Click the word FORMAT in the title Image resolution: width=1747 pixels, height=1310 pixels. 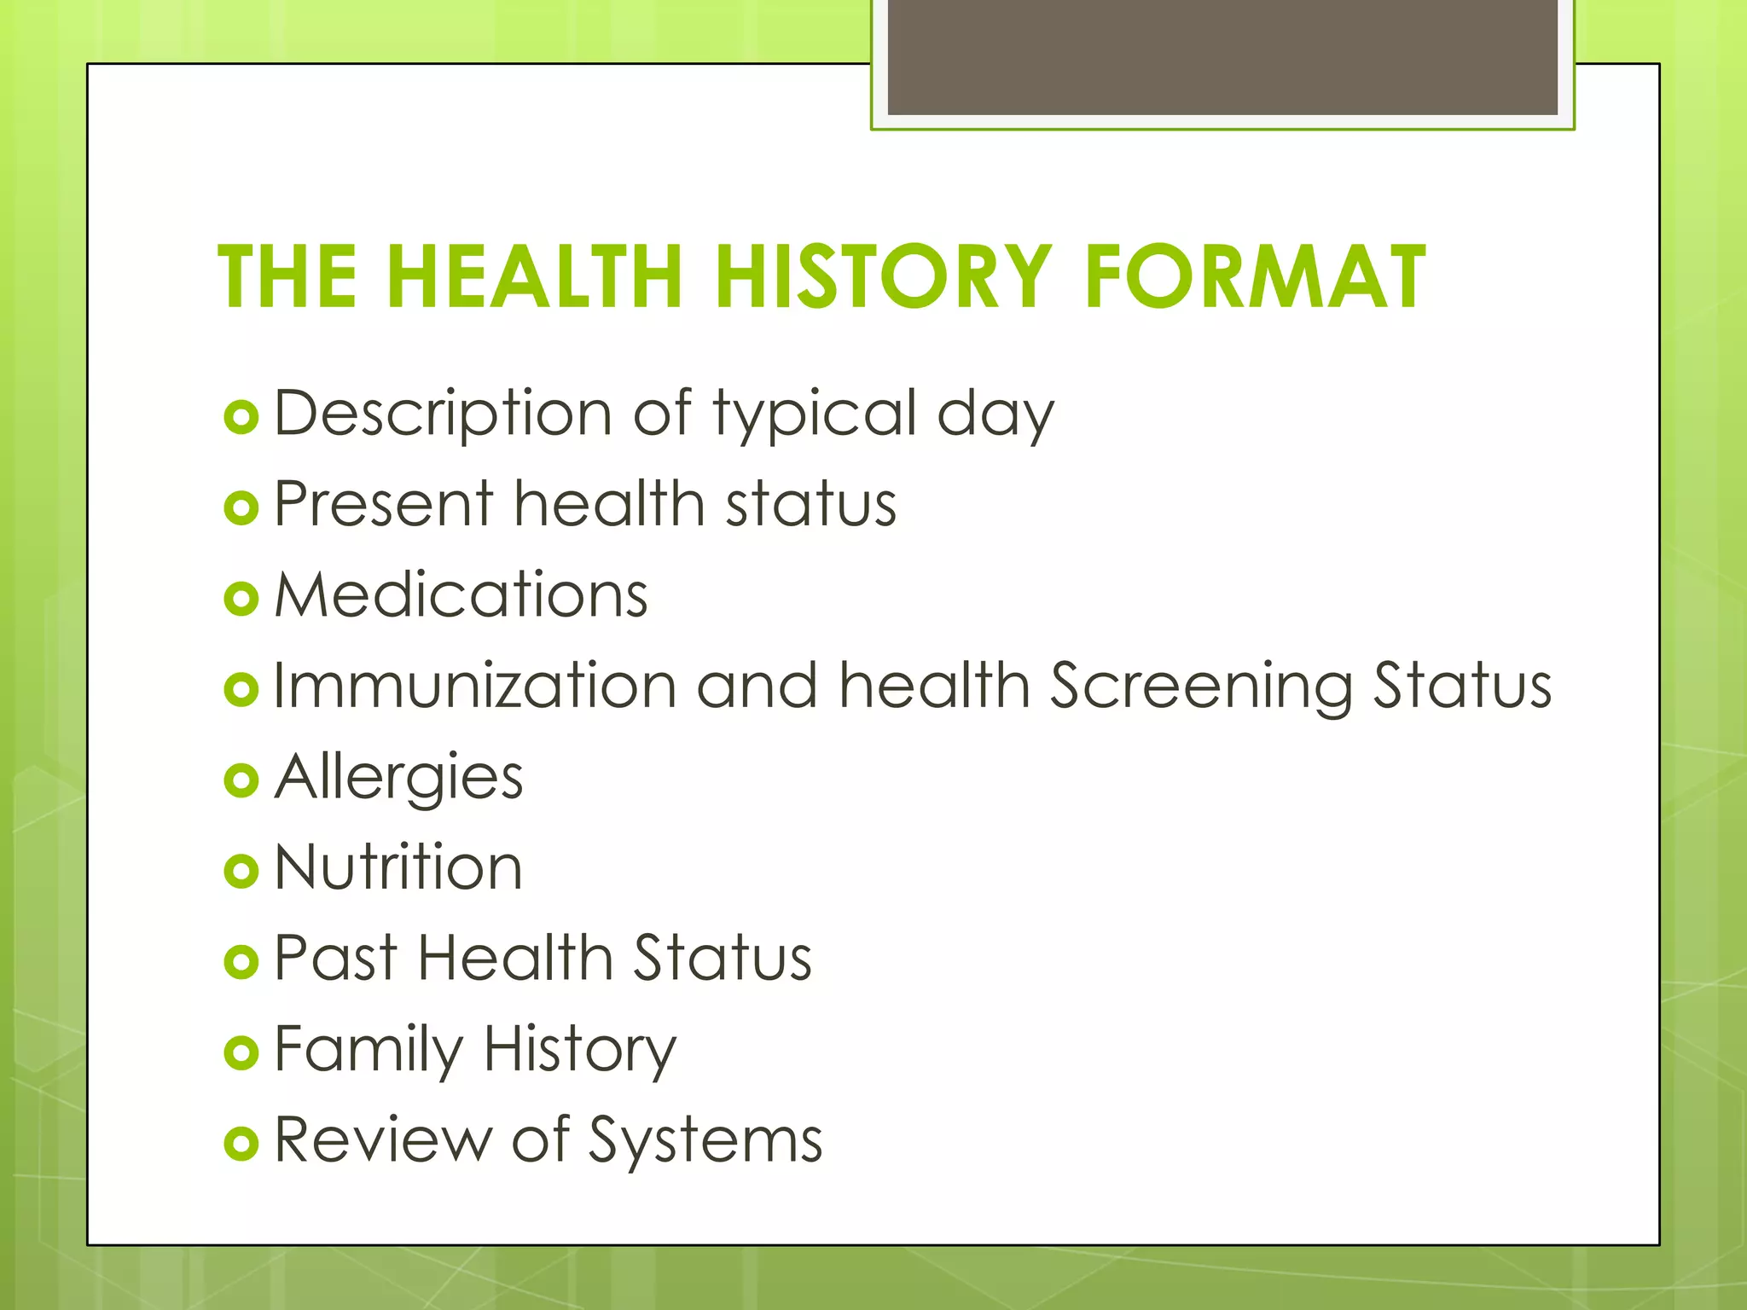point(1255,276)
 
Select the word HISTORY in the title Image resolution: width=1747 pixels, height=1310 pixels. point(883,276)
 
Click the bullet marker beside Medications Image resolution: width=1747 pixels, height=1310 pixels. point(241,599)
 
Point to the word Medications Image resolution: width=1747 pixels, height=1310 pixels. point(461,594)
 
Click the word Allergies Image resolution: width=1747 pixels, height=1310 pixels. point(398,778)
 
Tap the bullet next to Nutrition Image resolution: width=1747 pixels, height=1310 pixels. point(241,871)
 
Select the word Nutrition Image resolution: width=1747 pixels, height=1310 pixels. point(398,867)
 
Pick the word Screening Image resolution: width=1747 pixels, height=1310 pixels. point(1200,687)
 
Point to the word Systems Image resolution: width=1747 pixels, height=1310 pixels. point(705,1141)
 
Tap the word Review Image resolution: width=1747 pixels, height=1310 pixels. point(383,1139)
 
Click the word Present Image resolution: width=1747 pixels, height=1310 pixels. point(384,504)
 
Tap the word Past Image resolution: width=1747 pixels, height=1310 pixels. point(336,959)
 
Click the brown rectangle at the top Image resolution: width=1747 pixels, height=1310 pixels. point(1222,56)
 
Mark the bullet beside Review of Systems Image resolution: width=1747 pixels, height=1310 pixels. point(241,1144)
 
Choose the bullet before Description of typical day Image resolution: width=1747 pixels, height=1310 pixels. point(241,418)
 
